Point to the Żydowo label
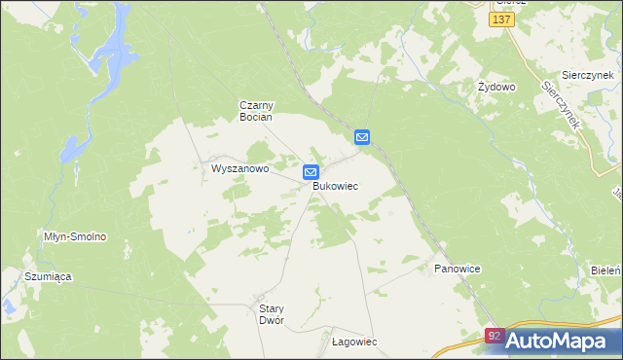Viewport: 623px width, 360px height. click(496, 87)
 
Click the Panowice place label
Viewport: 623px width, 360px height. click(458, 268)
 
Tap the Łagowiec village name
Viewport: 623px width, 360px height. click(354, 342)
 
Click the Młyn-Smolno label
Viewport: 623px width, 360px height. click(75, 236)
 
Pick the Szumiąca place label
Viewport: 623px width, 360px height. click(49, 276)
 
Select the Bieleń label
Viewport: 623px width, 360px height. click(606, 268)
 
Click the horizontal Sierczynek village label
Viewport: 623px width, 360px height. click(586, 75)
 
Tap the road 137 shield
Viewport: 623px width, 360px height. click(502, 19)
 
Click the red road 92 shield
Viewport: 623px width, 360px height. click(495, 337)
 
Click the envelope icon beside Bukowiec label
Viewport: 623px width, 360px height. click(311, 172)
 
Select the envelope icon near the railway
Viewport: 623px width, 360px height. click(361, 138)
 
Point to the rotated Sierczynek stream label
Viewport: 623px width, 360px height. click(562, 105)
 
